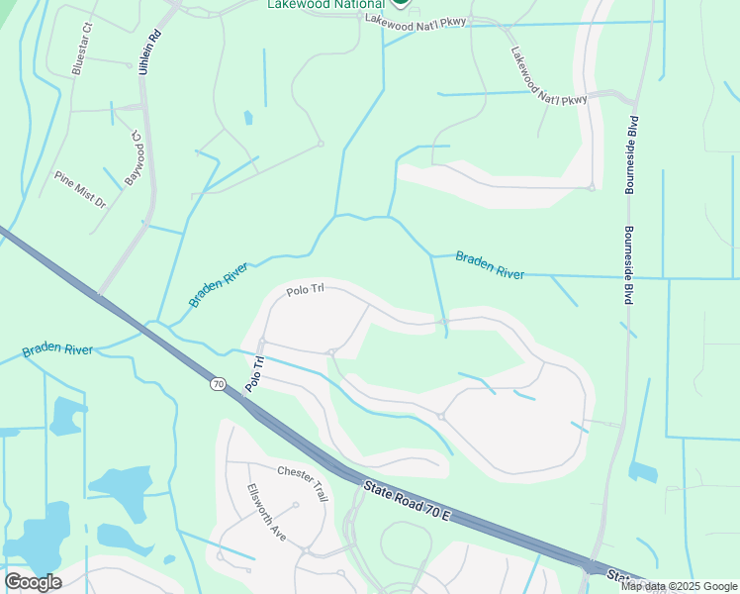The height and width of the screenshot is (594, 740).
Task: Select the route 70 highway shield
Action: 218,383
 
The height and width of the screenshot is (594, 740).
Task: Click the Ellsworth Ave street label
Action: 266,511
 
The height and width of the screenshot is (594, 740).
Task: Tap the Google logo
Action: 32,582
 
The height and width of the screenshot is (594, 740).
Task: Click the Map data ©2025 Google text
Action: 680,586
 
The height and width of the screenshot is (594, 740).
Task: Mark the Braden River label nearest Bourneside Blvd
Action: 490,265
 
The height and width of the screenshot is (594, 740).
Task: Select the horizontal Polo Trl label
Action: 306,292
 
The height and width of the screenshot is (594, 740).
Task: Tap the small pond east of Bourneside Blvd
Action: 643,472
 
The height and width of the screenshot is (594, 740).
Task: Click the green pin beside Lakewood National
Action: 399,3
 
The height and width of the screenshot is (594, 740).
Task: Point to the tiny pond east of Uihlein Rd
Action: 247,118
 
